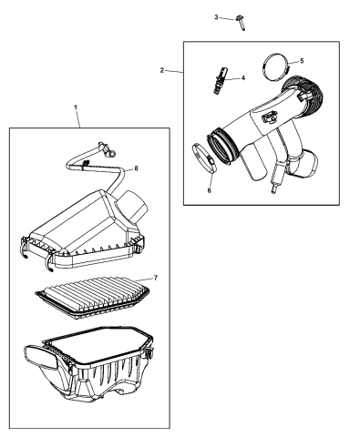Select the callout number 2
click(162, 69)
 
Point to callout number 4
click(242, 78)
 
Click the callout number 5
click(303, 61)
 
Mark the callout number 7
click(155, 277)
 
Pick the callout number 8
click(135, 168)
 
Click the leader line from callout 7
click(144, 279)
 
